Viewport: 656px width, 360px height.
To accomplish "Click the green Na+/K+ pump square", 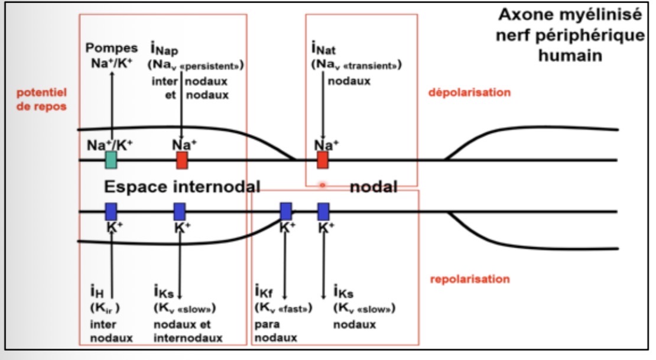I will pyautogui.click(x=111, y=160).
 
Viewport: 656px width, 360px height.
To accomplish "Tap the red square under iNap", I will pyautogui.click(x=182, y=160).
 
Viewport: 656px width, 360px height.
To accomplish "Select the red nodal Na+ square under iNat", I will pyautogui.click(x=322, y=160).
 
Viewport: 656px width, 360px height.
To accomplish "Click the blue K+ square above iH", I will pyautogui.click(x=111, y=211).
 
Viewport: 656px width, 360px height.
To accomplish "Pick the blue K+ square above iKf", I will pyautogui.click(x=286, y=211).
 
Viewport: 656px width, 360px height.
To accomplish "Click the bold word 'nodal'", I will pyautogui.click(x=373, y=187).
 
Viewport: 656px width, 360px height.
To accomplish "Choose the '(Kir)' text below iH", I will pyautogui.click(x=105, y=309).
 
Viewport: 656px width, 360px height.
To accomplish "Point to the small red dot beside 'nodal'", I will pyautogui.click(x=323, y=185).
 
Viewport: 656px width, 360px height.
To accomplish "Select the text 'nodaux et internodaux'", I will pyautogui.click(x=187, y=331).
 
